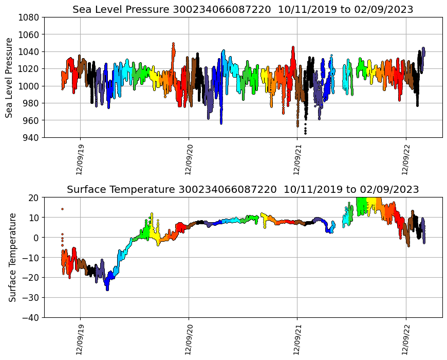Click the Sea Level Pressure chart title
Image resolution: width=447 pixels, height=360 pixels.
243,9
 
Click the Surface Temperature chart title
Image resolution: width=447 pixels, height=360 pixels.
243,189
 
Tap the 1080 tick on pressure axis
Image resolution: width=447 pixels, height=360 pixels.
29,17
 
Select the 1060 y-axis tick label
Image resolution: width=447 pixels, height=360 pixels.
29,34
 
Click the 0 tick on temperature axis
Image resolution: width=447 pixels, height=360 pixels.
36,238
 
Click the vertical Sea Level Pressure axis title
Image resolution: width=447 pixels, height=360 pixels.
10,77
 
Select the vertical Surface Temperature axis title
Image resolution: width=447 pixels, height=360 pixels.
12,257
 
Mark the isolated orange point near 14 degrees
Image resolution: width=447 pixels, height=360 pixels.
62,209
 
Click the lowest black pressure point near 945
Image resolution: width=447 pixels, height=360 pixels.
305,133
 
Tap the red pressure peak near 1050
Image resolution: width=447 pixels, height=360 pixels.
173,44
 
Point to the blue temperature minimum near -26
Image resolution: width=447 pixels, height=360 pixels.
107,289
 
